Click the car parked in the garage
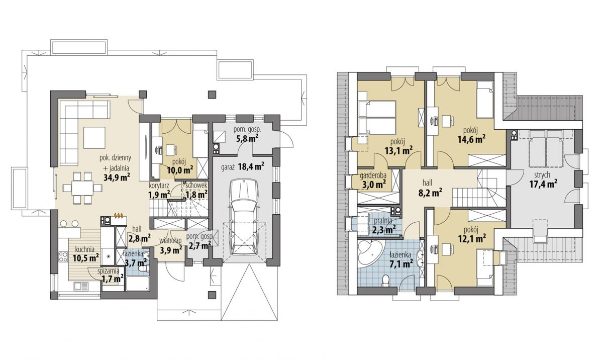(244, 217)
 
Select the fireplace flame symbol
(119, 216)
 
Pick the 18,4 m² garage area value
(251, 166)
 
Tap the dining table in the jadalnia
(82, 188)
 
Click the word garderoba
(373, 175)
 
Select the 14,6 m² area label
(472, 139)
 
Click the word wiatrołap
(170, 240)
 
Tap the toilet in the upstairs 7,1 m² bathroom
(386, 280)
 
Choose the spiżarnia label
(108, 271)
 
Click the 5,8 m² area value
(247, 138)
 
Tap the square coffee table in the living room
(94, 138)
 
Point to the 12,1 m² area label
(472, 238)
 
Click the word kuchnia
(85, 249)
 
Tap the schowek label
(196, 186)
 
